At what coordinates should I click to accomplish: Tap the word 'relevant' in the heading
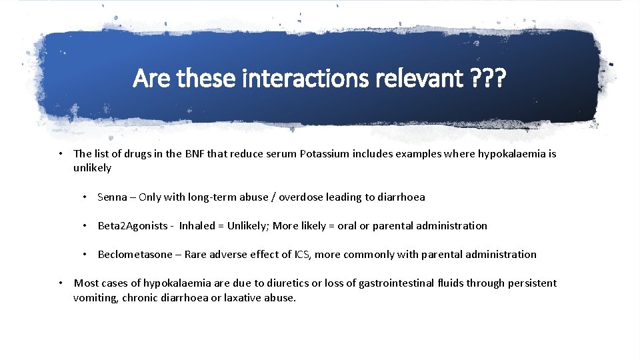(416, 79)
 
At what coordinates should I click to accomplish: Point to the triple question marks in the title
(488, 79)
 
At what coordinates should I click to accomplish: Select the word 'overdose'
(301, 197)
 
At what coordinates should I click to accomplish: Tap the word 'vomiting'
(95, 297)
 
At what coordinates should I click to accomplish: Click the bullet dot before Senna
(85, 197)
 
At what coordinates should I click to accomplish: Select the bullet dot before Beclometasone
(85, 254)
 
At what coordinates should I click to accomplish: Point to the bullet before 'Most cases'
(61, 283)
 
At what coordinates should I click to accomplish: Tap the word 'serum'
(281, 154)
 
